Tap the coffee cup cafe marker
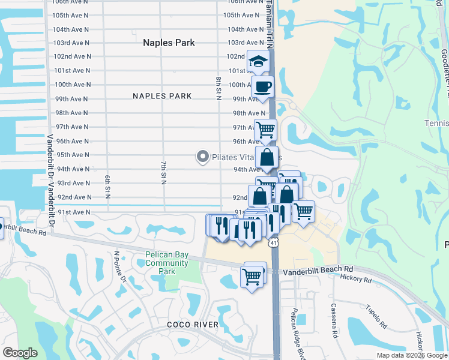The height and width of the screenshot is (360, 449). point(262,87)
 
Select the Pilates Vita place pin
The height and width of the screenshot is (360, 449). point(203,157)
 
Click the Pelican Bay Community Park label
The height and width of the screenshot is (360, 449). point(167,263)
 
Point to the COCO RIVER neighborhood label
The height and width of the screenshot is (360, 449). point(193,325)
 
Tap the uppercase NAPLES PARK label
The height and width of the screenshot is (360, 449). point(162,96)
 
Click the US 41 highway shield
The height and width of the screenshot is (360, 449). point(274,242)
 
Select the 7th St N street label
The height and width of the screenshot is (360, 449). point(163,173)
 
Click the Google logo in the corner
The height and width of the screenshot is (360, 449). point(20,353)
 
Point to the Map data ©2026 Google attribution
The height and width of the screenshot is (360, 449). point(411,355)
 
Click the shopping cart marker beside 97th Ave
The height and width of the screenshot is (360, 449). point(265,129)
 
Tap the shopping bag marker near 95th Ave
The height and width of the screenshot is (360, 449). point(267,158)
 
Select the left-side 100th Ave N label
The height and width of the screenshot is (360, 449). point(71,85)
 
